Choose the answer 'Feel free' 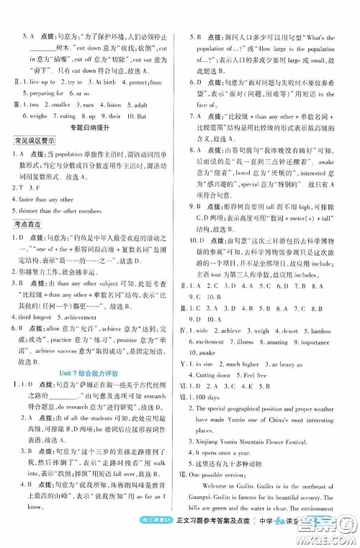pos(272,374)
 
